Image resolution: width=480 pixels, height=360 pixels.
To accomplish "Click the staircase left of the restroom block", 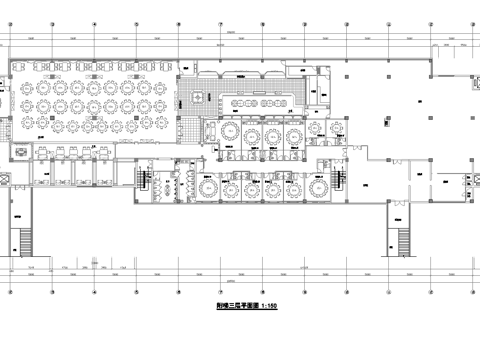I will point(142,184).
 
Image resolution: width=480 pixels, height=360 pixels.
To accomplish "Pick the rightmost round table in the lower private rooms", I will point(316,186).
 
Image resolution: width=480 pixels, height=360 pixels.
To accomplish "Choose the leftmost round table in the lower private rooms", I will point(207,186).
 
